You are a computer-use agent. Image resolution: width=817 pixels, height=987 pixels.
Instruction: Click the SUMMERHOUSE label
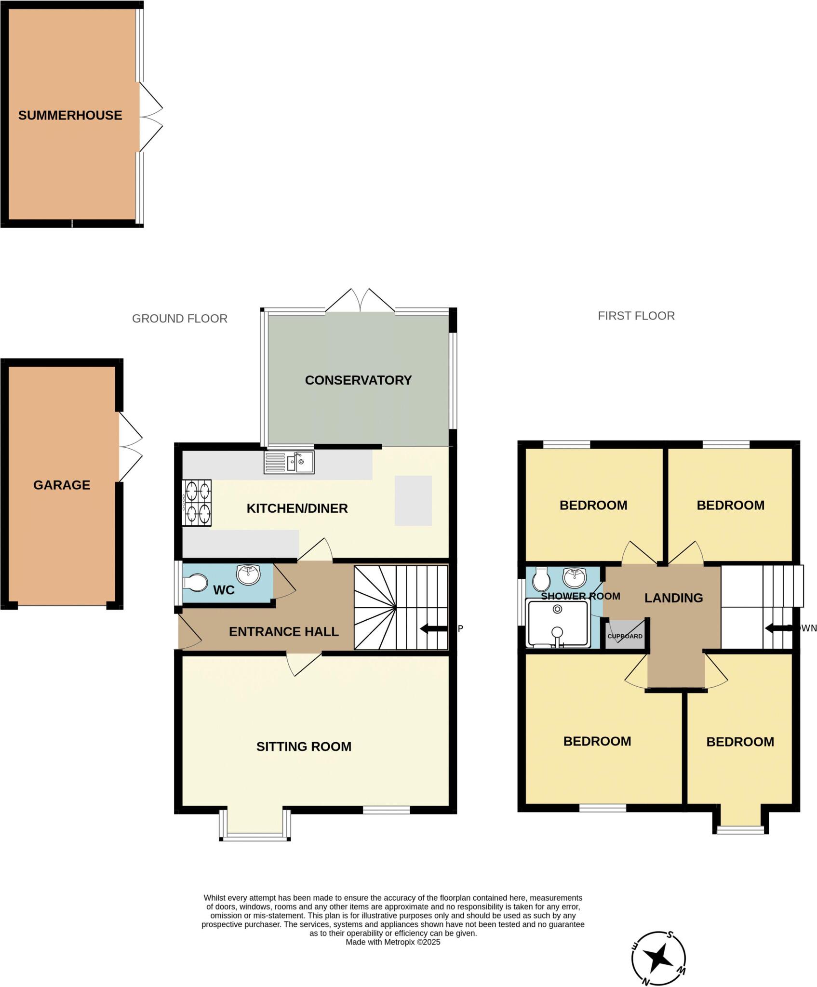pyautogui.click(x=70, y=115)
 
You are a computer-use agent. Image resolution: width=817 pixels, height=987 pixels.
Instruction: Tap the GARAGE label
pyautogui.click(x=62, y=485)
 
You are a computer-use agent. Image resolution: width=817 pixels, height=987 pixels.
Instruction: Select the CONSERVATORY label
pyautogui.click(x=358, y=380)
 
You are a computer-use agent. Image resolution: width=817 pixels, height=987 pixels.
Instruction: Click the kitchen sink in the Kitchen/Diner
pyautogui.click(x=289, y=462)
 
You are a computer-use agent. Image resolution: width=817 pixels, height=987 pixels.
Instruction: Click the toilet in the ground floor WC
pyautogui.click(x=194, y=582)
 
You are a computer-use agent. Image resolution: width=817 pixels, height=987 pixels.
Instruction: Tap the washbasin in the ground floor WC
pyautogui.click(x=248, y=574)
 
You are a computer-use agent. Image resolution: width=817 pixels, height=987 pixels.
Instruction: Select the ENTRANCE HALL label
pyautogui.click(x=283, y=632)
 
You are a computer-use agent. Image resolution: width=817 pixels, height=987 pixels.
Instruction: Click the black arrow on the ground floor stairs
pyautogui.click(x=432, y=628)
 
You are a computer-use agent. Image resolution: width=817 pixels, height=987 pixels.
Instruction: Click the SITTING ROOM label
pyautogui.click(x=304, y=747)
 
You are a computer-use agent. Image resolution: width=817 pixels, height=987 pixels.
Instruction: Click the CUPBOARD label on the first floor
pyautogui.click(x=625, y=636)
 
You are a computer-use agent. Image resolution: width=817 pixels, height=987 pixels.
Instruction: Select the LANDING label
pyautogui.click(x=673, y=598)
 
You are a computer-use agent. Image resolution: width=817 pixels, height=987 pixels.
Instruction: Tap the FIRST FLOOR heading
pyautogui.click(x=636, y=316)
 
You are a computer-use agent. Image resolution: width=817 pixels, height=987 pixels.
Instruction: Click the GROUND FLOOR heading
pyautogui.click(x=179, y=319)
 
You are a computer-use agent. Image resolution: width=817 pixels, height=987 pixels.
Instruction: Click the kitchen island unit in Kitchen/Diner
pyautogui.click(x=413, y=500)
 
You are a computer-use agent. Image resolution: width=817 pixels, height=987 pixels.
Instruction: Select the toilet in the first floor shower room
pyautogui.click(x=541, y=579)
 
